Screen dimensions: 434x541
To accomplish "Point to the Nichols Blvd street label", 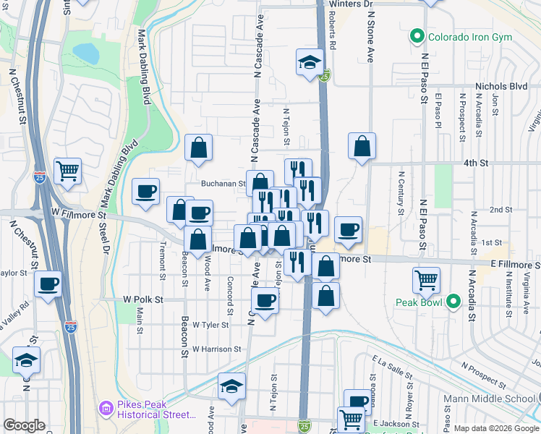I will (x=500, y=86).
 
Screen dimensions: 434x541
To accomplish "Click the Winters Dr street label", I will (x=349, y=4).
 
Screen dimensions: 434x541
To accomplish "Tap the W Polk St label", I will (x=143, y=299).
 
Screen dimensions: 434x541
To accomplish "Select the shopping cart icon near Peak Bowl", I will (x=427, y=279).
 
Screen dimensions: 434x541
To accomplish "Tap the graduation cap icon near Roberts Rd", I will (x=309, y=61).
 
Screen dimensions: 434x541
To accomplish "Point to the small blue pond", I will (x=85, y=53).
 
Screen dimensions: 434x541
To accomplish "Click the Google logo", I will (x=25, y=425).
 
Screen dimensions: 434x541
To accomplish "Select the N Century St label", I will (x=400, y=192).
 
